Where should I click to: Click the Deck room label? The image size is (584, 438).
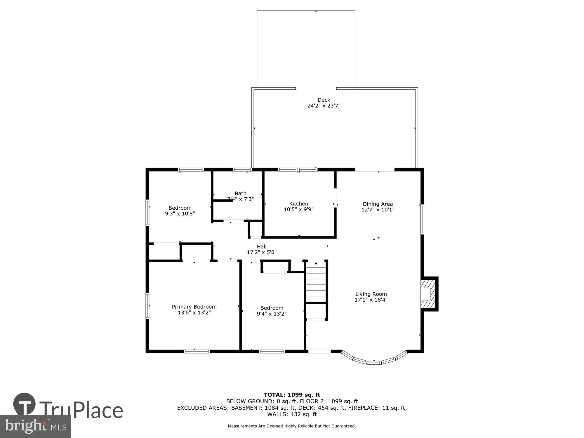point(324,100)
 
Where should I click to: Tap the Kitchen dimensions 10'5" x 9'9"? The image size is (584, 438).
point(298,209)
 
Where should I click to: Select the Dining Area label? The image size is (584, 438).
point(378,204)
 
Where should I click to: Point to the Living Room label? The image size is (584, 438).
point(371,294)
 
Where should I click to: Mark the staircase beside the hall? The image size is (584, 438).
point(316,282)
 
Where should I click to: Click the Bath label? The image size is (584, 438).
point(240,193)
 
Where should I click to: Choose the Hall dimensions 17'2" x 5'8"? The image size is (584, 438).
point(262,252)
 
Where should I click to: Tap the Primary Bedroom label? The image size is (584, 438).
point(194,307)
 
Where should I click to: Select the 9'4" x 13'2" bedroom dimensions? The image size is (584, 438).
point(272,314)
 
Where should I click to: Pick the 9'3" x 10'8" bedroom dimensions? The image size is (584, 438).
point(180,213)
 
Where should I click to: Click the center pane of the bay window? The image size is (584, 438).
point(374,362)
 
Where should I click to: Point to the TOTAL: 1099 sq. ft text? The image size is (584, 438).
point(292,395)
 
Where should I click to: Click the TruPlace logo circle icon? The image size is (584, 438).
point(25,404)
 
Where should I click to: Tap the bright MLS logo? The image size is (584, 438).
point(35,426)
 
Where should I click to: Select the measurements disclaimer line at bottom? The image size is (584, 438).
point(292,426)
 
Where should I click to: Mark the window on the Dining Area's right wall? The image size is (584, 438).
point(422,219)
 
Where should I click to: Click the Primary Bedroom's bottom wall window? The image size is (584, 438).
point(197,351)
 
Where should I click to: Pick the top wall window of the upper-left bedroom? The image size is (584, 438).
point(191,169)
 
